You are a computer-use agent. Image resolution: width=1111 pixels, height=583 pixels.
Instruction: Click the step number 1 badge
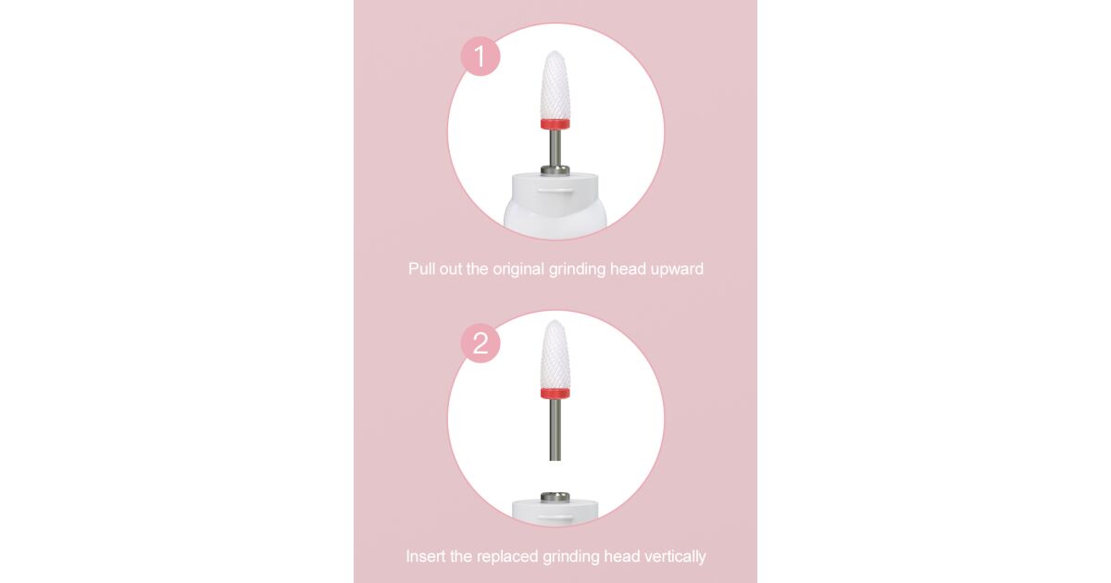point(481,56)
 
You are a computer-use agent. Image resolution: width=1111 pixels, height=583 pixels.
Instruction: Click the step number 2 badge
point(481,343)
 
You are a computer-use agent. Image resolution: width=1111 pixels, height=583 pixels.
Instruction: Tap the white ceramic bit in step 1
point(555,85)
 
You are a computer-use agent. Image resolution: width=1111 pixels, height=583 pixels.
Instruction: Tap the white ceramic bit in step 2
point(555,354)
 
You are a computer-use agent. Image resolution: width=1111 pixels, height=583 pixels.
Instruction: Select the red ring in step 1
point(555,124)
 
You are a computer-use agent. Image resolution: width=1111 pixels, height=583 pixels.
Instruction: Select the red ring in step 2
point(555,393)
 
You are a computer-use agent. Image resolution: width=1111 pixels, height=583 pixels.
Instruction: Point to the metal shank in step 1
point(555,148)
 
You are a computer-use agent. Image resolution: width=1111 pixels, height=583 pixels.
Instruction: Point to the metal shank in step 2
point(555,429)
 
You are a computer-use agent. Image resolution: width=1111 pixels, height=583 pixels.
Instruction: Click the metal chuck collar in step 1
point(555,170)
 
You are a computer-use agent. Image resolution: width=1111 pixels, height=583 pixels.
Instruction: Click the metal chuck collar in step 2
point(555,497)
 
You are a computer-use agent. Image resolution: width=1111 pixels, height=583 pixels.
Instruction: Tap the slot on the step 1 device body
point(555,190)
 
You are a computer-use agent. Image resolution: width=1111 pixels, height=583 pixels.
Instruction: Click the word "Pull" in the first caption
point(421,268)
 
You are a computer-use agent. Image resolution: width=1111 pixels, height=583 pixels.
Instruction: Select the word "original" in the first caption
point(518,269)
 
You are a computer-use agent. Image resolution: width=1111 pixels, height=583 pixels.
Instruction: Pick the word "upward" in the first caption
point(677,269)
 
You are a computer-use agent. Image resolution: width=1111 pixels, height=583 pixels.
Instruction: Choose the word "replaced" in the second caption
point(507,557)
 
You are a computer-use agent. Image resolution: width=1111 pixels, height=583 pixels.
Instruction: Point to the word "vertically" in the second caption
point(675,557)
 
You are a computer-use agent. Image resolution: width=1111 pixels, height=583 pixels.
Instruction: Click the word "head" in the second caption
point(622,556)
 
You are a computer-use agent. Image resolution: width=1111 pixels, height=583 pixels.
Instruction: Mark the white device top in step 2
point(555,512)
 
